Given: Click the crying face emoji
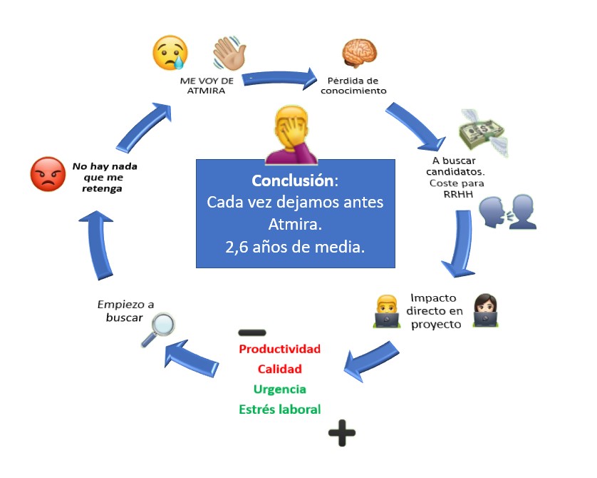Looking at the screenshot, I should pos(170,53).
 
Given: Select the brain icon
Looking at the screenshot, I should pos(358,53).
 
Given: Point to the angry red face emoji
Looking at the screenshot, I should pos(48,174).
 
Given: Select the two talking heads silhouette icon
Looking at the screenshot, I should pos(507,212).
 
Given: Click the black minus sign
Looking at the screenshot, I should pos(251,332).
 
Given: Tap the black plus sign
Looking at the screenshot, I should pos(341,432).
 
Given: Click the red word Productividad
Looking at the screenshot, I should pos(279,350).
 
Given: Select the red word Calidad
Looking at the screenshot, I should pos(279,370).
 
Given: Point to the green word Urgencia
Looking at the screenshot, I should pos(279,390).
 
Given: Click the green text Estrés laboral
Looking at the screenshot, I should pos(279,410).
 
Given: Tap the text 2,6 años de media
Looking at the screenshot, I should pos(295,248).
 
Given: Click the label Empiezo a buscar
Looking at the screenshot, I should pos(120,311).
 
